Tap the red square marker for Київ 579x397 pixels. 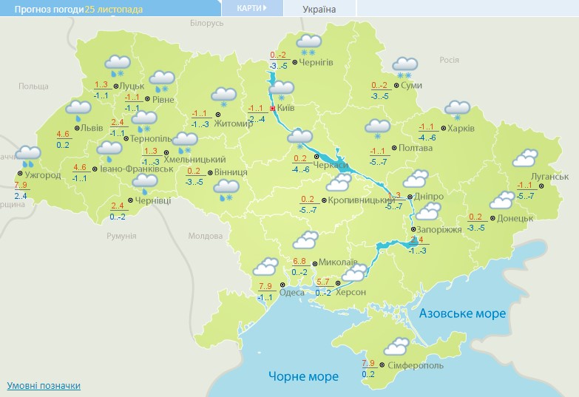point(272,108)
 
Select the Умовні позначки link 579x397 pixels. point(44,386)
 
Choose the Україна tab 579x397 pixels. point(319,9)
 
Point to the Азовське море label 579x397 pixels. point(462,313)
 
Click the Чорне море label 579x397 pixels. point(303,376)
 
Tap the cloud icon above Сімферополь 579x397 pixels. point(397,345)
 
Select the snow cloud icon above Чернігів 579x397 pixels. point(309,44)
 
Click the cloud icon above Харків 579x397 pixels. point(458,109)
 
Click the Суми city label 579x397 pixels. point(413,86)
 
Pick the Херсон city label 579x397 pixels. point(351,292)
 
